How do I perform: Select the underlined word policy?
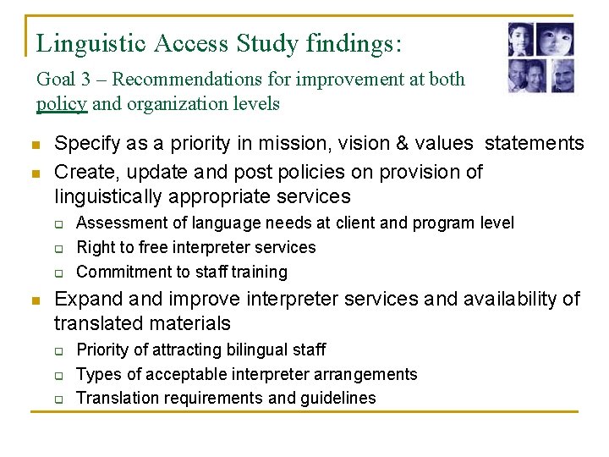tap(62, 104)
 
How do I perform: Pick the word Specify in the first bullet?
tap(84, 143)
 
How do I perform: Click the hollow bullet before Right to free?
tap(60, 248)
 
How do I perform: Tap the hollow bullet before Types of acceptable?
tap(60, 374)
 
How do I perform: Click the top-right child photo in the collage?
tap(555, 39)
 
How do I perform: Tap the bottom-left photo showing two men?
tap(524, 76)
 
